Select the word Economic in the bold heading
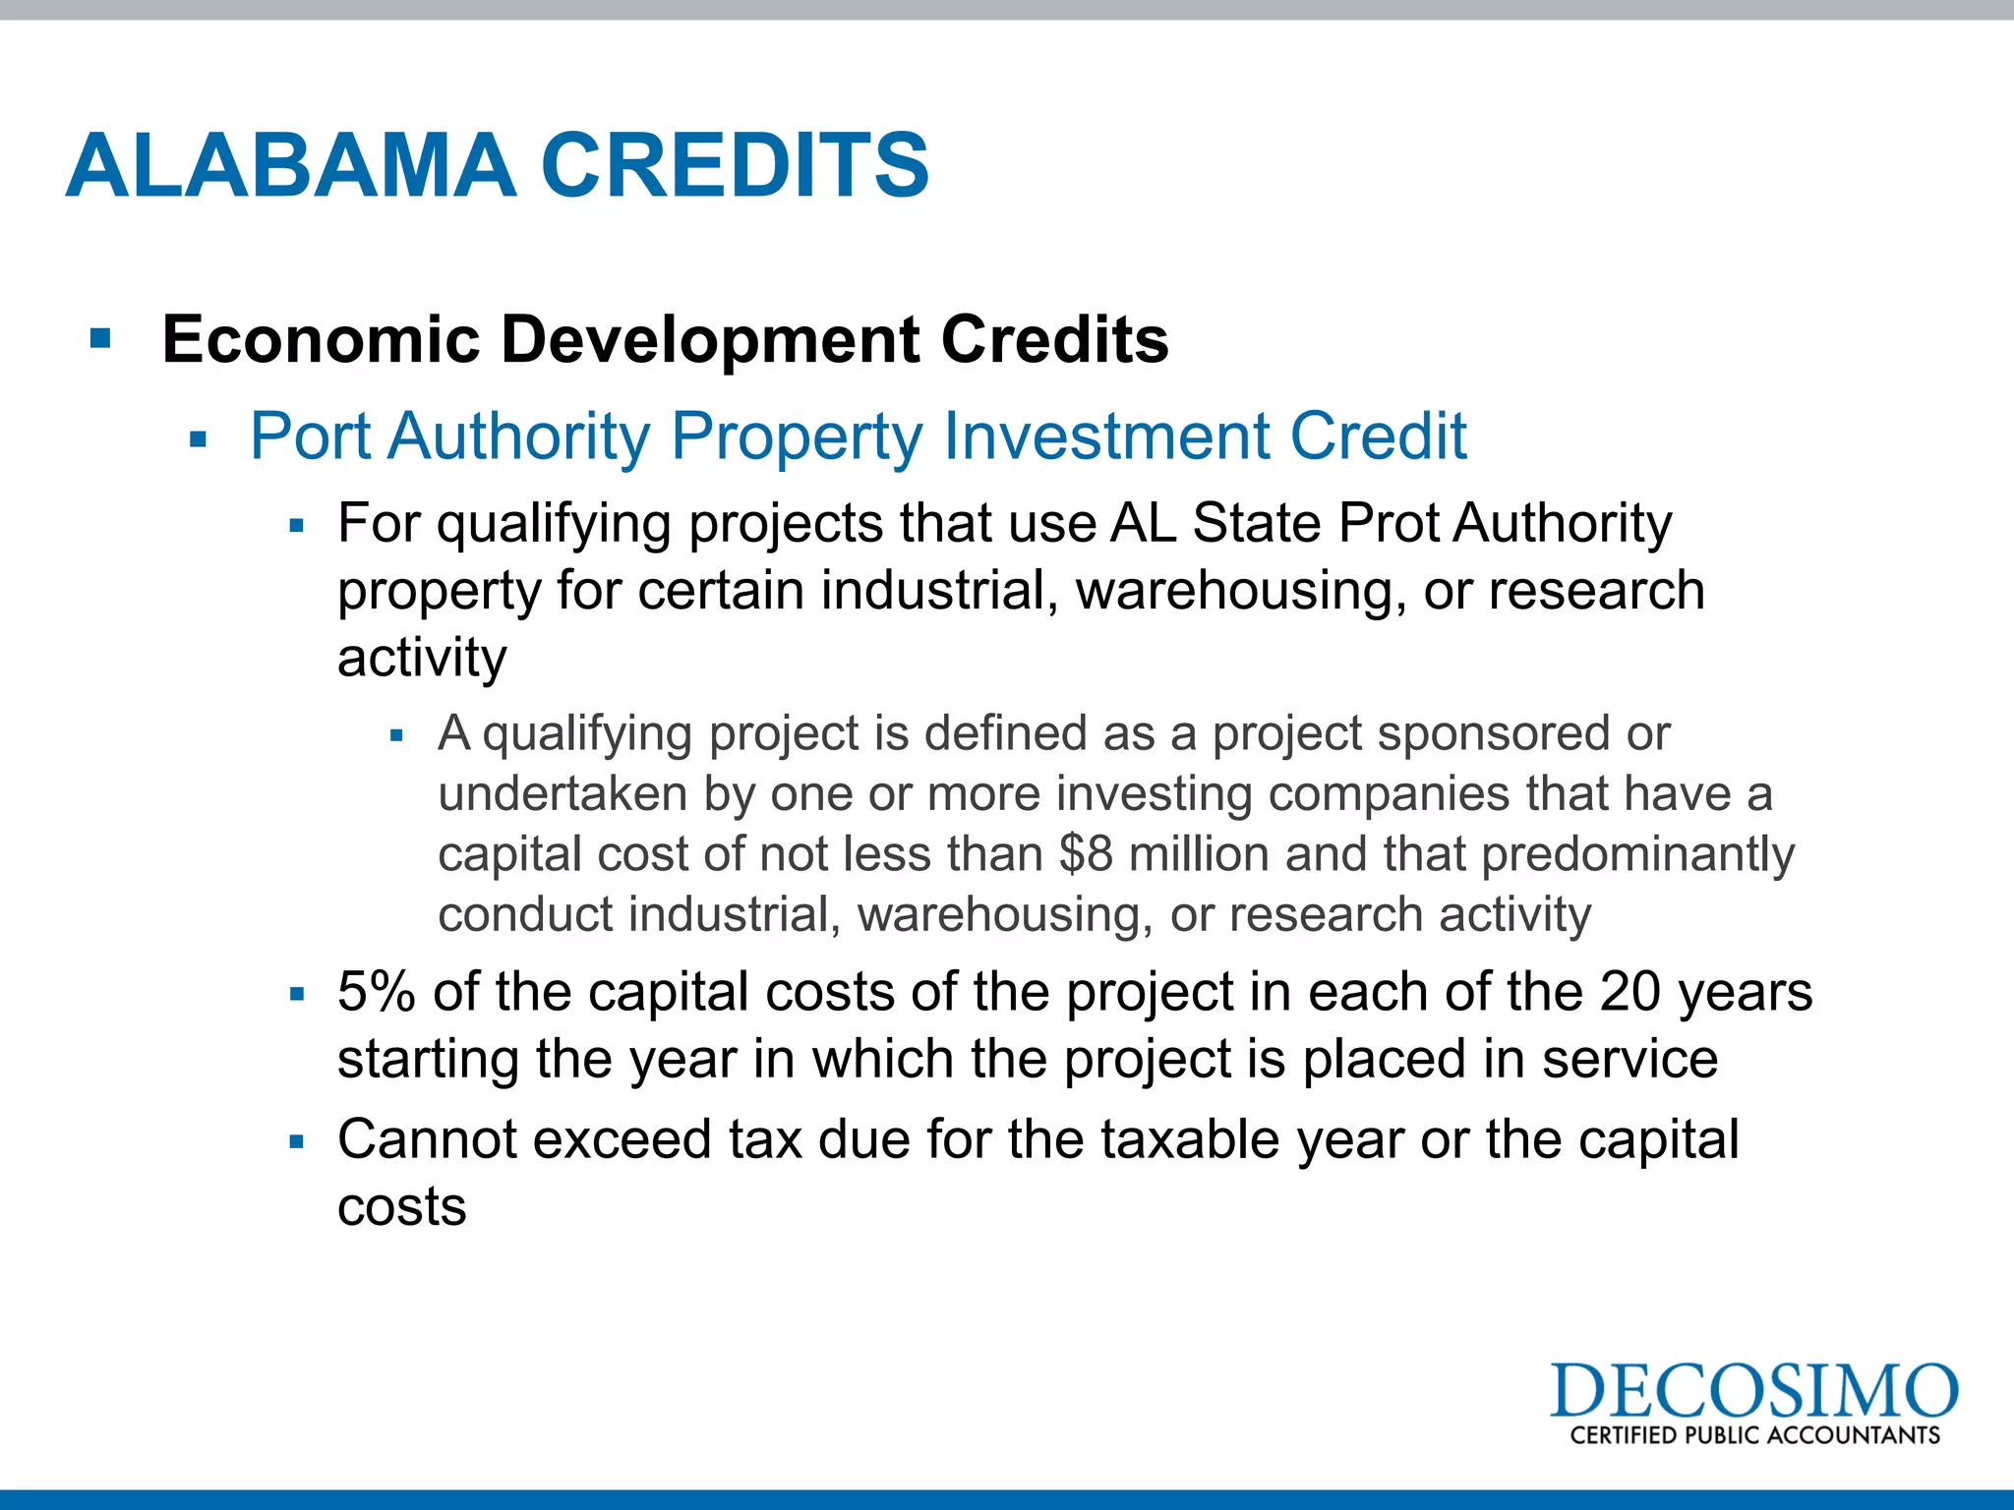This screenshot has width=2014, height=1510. point(321,340)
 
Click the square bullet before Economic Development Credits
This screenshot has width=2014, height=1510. point(100,340)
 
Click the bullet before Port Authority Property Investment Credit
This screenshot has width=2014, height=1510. point(199,439)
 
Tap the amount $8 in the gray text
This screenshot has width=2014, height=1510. point(1085,853)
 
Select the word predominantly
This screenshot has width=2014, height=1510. point(1637,855)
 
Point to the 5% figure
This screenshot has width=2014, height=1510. point(376,991)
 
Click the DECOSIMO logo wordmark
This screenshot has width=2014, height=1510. point(1753,1390)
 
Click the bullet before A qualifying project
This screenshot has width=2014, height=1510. point(397,736)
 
